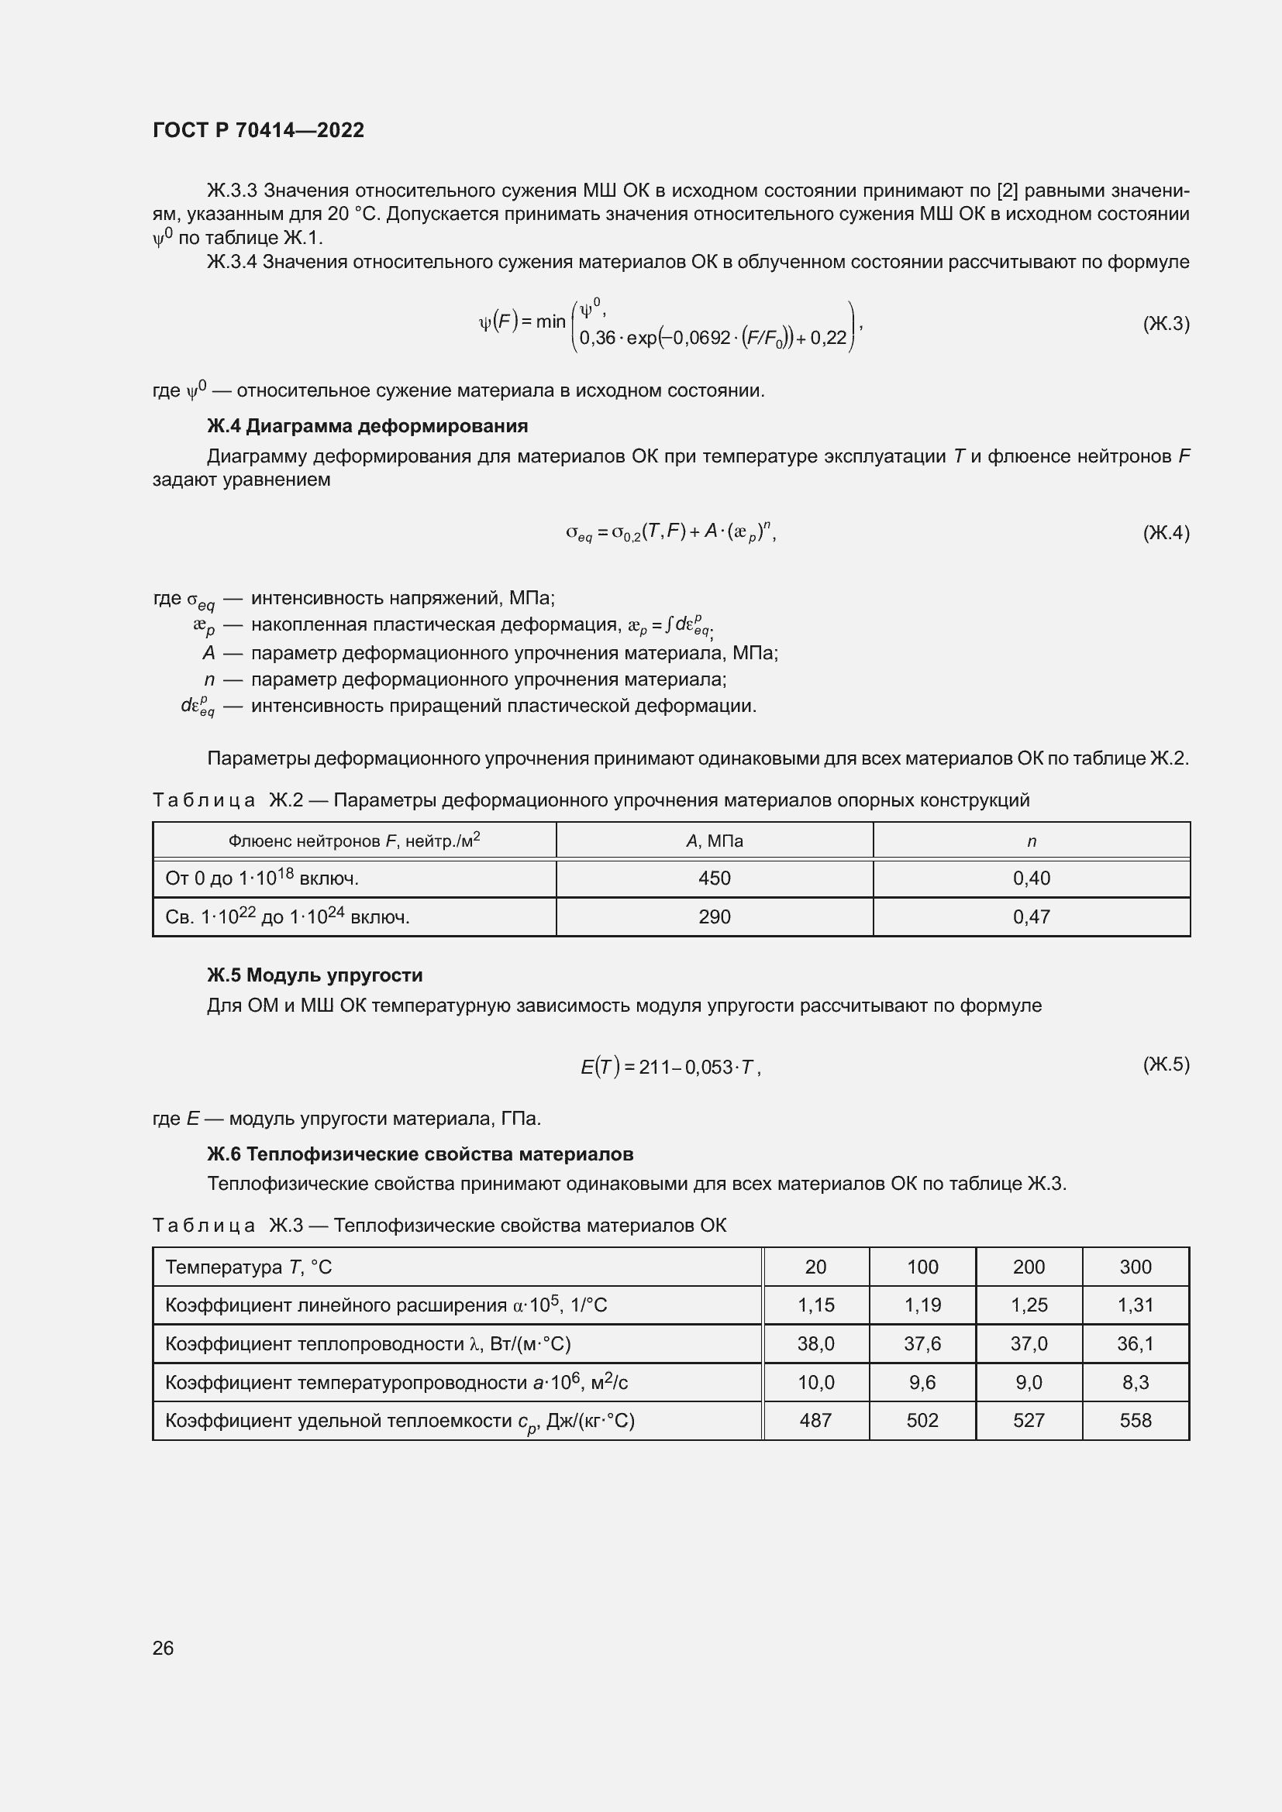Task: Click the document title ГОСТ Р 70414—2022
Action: [x=258, y=130]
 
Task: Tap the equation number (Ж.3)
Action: [x=1165, y=324]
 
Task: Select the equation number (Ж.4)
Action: [x=1165, y=533]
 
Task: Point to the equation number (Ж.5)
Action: [x=1165, y=1064]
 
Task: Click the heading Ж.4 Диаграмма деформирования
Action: [x=367, y=426]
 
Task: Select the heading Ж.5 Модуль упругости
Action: [x=314, y=975]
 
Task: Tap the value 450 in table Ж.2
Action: [x=715, y=878]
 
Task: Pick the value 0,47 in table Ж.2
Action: [x=1031, y=917]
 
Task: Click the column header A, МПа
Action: [x=715, y=841]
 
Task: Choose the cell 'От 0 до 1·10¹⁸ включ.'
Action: [x=262, y=878]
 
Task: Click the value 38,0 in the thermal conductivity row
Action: [x=815, y=1344]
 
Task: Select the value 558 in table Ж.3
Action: [x=1136, y=1421]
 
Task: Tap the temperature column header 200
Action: [x=1029, y=1267]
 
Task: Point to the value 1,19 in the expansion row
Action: [x=922, y=1305]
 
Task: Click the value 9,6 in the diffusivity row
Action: [x=922, y=1383]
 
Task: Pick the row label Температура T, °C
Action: [x=249, y=1267]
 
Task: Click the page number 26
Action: [x=163, y=1648]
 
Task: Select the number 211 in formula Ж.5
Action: [x=653, y=1068]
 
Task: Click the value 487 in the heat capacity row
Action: [x=815, y=1421]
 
